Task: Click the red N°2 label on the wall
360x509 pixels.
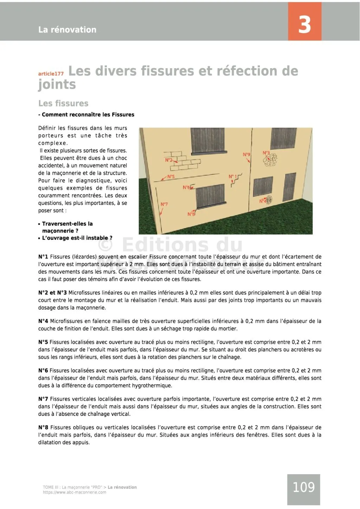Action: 169,160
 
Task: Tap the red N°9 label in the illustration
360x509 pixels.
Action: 246,154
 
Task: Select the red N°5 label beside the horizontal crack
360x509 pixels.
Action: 171,176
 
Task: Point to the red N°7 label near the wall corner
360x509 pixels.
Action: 164,204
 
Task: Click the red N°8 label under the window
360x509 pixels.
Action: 191,214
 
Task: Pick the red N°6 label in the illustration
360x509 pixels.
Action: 186,187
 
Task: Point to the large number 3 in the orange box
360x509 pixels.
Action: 304,25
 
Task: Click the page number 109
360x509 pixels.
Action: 303,487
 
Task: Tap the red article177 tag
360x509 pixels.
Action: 51,74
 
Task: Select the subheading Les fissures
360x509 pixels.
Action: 63,103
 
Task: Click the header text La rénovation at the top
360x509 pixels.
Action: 67,30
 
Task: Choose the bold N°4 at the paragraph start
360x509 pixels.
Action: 43,321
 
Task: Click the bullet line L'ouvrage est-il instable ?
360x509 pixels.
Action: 77,238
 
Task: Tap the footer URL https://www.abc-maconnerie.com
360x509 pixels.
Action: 75,492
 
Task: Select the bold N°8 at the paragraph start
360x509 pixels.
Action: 43,427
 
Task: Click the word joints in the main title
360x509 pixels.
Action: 57,85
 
